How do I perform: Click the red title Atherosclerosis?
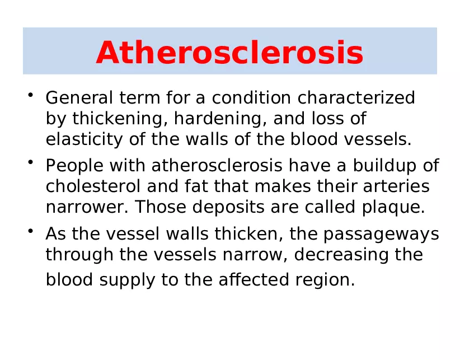point(229,54)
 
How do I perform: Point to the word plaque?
point(397,207)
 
